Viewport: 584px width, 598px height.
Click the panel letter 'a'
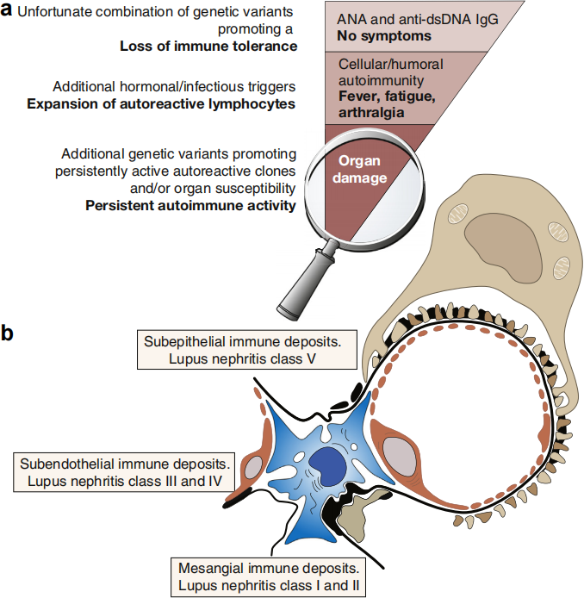7,10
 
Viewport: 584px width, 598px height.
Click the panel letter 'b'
7,333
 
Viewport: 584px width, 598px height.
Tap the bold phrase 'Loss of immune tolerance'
208,47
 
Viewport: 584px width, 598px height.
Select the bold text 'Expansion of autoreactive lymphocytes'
161,103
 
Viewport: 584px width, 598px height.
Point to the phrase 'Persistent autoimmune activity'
190,206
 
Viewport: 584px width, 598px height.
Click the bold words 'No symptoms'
384,36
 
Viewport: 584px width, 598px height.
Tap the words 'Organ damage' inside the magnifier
359,170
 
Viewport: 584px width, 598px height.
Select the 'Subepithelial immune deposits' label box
247,350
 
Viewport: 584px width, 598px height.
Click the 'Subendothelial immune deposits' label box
124,472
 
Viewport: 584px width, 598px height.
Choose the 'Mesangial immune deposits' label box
269,576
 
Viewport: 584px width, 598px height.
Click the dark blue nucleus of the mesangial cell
327,466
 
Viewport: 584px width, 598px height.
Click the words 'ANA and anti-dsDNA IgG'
418,20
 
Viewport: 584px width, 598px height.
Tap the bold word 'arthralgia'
371,113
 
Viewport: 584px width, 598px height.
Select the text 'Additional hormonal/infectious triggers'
174,86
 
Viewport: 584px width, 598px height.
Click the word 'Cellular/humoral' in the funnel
391,64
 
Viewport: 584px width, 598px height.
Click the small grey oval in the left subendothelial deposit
254,467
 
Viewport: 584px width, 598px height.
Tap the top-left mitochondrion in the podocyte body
458,214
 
